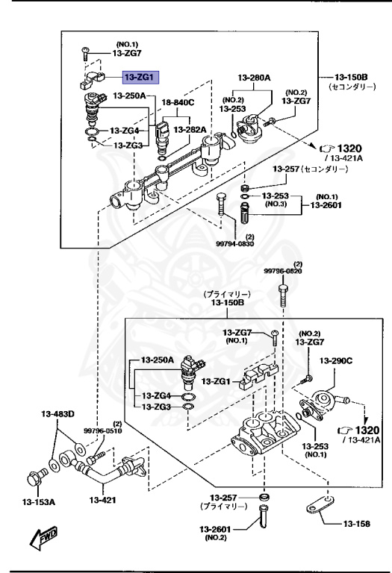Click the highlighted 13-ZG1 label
[x=139, y=76]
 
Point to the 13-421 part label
[x=105, y=500]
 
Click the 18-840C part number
[x=178, y=102]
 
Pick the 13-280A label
[x=254, y=78]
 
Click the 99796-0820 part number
[x=282, y=272]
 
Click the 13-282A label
[x=190, y=129]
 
